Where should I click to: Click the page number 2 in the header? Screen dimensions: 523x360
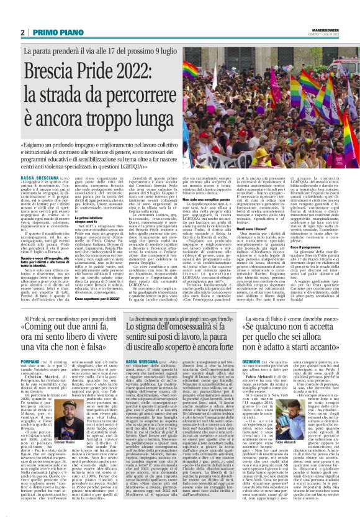(x=23, y=32)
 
